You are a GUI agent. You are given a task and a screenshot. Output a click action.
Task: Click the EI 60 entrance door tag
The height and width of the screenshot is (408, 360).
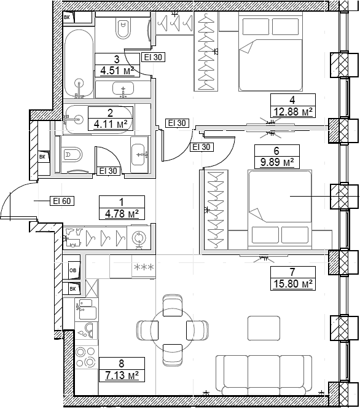(62, 201)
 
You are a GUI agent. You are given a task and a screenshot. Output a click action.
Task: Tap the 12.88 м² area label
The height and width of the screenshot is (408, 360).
(293, 111)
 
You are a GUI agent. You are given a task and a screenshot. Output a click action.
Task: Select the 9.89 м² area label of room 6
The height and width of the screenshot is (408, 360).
(277, 162)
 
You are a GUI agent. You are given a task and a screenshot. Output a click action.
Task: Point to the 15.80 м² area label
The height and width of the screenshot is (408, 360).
(293, 284)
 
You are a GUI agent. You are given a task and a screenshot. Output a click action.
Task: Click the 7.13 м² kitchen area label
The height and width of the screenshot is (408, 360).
(122, 375)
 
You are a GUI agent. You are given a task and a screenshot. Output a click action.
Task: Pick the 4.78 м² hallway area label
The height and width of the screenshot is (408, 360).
(122, 214)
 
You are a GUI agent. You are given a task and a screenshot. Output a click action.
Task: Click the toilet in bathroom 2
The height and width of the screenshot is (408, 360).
(72, 155)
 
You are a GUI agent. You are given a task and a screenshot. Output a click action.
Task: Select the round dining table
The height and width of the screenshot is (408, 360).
(173, 330)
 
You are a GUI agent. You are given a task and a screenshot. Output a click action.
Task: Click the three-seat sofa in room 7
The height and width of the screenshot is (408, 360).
(264, 374)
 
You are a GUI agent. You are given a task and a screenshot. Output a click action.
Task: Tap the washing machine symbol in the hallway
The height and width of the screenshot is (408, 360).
(139, 238)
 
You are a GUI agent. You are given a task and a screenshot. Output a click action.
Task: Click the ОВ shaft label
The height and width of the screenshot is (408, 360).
(73, 270)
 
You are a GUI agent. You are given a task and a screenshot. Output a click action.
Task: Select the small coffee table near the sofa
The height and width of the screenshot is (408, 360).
(264, 328)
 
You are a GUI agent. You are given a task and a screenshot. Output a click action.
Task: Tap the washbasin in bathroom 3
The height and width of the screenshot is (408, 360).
(123, 89)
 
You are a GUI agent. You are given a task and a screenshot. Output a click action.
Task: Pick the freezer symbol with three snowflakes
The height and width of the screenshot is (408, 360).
(144, 267)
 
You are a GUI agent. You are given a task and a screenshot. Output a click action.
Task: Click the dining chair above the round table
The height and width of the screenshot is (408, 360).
(173, 305)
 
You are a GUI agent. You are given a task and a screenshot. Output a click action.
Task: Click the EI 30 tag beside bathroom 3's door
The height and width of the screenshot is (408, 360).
(153, 57)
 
